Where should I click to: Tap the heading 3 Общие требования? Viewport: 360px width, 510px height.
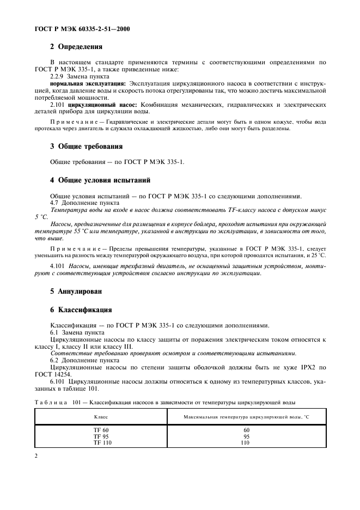(x=86, y=147)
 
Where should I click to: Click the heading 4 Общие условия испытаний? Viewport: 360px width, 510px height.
(x=100, y=180)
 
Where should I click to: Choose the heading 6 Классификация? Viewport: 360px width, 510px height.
(x=81, y=310)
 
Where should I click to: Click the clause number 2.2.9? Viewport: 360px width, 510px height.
(x=58, y=77)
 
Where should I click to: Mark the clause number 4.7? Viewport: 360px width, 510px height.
(x=55, y=203)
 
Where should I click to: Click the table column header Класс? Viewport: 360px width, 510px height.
(x=101, y=417)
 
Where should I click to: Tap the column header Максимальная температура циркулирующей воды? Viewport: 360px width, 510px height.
(x=246, y=417)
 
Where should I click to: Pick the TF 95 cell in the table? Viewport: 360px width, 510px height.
(x=101, y=436)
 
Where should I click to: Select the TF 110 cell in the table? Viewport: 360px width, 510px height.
(x=101, y=443)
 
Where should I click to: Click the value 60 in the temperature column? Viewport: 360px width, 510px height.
(x=246, y=430)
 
